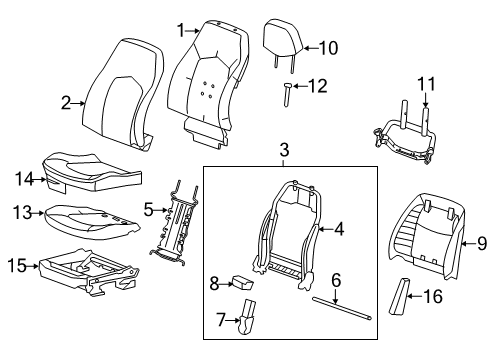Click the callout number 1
click(x=181, y=31)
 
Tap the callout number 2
click(x=66, y=101)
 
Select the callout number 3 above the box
click(x=284, y=150)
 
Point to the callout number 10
click(x=328, y=47)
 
